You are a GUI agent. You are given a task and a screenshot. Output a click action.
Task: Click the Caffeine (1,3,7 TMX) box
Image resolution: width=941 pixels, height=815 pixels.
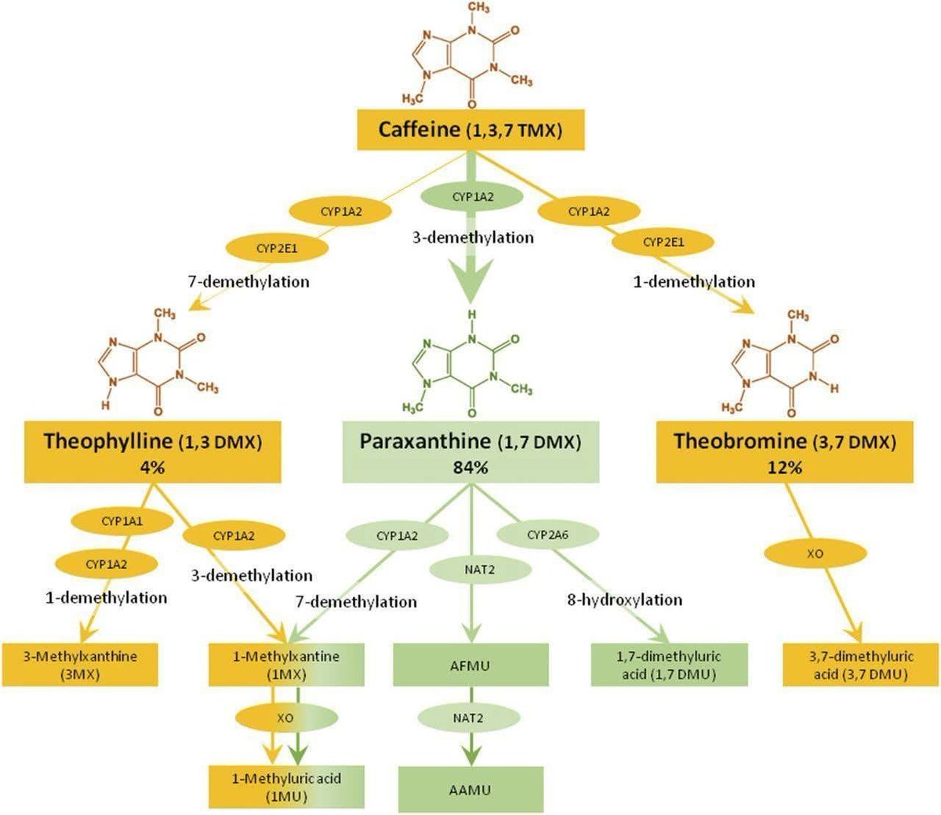[470, 129]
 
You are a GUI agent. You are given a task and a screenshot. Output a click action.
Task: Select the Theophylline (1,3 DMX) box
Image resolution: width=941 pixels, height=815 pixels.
[153, 453]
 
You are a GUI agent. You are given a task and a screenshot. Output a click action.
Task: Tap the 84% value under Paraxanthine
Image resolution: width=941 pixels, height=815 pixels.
[470, 468]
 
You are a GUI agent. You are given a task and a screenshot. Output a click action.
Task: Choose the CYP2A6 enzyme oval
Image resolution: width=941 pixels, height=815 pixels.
[547, 535]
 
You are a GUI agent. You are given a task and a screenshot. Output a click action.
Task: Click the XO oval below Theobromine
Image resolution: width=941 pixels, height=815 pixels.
[815, 553]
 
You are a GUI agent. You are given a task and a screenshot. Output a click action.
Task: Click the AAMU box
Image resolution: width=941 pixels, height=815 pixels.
[470, 789]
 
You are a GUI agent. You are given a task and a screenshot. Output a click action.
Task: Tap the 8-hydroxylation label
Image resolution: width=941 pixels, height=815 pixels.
[625, 600]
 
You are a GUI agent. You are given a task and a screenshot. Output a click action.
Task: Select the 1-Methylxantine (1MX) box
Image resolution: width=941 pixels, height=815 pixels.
[286, 665]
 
